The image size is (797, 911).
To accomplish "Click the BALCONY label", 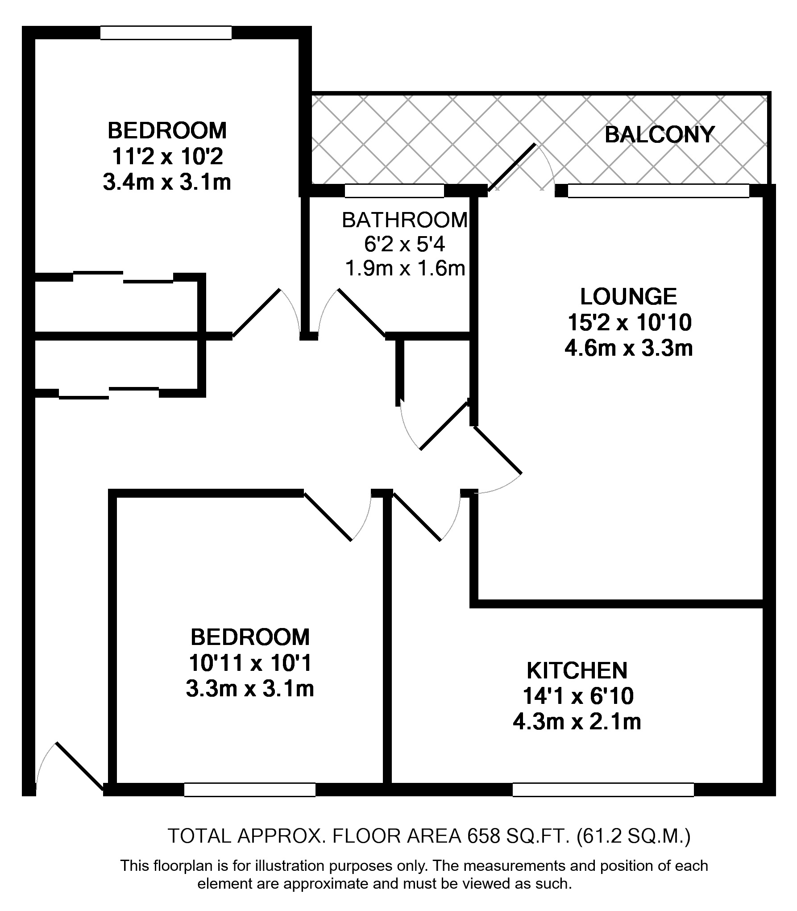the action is tap(660, 135).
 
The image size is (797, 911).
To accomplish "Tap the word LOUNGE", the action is tap(628, 296).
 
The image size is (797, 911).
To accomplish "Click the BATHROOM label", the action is tap(405, 220).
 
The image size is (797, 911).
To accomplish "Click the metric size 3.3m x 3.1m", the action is tap(250, 690).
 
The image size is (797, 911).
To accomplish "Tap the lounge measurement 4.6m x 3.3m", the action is tap(629, 348).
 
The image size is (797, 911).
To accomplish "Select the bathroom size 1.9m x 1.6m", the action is tap(405, 269).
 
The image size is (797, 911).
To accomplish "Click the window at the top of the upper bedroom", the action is tap(166, 33).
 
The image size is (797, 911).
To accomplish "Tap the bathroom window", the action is tap(394, 191).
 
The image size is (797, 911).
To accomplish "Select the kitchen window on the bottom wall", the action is tap(603, 790).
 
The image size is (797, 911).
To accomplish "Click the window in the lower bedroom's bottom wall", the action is tap(250, 790).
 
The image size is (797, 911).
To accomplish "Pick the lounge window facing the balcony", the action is tap(659, 191).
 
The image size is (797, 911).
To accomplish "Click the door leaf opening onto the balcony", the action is tap(512, 167).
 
